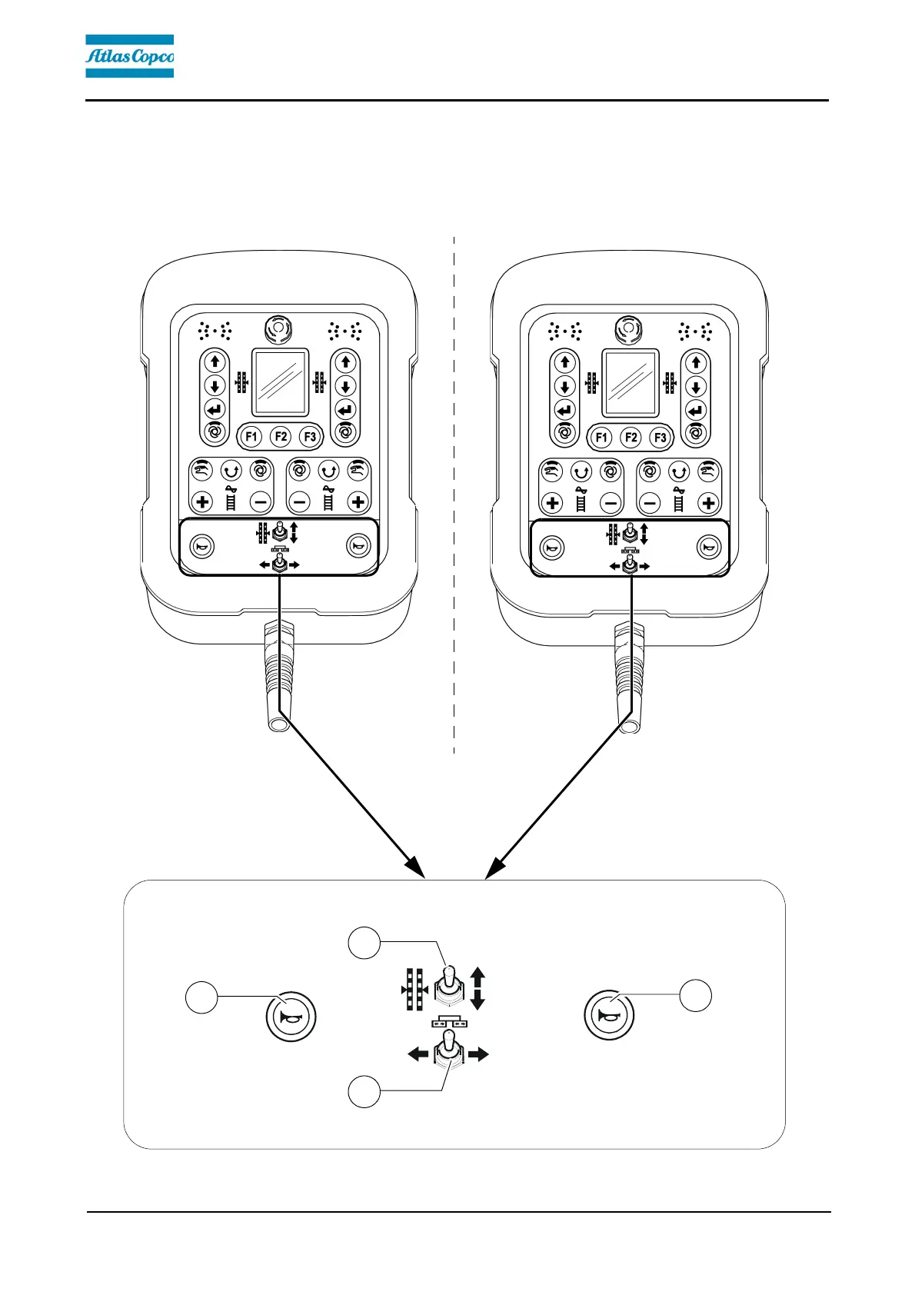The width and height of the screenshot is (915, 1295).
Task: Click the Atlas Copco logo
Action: [x=129, y=56]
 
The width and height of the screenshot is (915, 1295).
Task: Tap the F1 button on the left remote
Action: [x=251, y=437]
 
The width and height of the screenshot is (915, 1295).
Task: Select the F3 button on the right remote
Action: [x=660, y=438]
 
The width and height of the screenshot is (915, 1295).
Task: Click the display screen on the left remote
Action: [x=281, y=382]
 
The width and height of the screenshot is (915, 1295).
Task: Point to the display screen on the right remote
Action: [x=631, y=383]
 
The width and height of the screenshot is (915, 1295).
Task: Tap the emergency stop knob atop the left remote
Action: [x=278, y=330]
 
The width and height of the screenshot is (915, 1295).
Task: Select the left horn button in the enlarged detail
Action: [x=290, y=1017]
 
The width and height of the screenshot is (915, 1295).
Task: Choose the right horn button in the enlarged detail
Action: [x=609, y=1017]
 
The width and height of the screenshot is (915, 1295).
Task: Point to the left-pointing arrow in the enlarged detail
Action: [x=418, y=1054]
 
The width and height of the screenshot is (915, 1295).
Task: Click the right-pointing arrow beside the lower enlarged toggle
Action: [x=478, y=1054]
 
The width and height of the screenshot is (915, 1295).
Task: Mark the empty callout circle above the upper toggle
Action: [x=364, y=944]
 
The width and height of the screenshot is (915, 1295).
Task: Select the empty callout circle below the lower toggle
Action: [x=364, y=1091]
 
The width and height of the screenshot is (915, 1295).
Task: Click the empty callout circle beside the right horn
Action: [x=696, y=995]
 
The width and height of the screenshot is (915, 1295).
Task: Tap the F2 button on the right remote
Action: [x=631, y=438]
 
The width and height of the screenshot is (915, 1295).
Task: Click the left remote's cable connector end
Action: [x=277, y=723]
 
